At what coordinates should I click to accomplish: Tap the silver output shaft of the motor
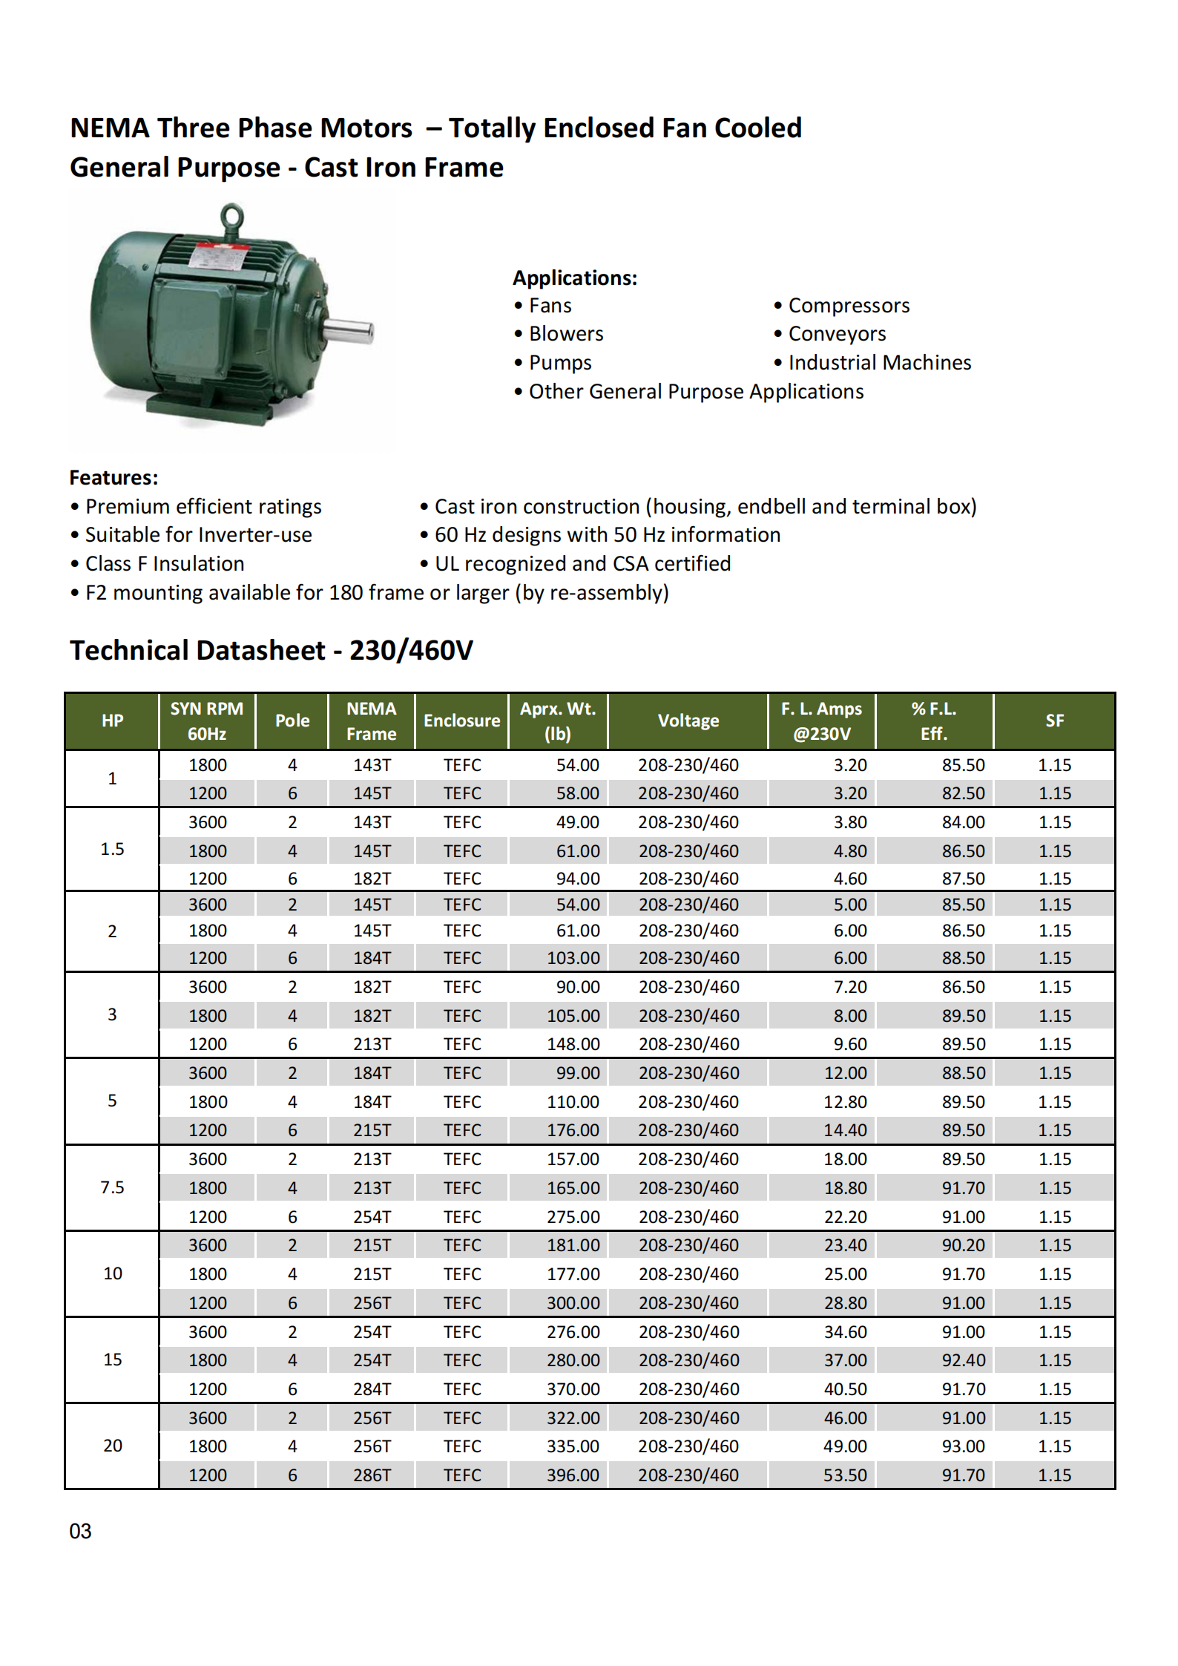(349, 330)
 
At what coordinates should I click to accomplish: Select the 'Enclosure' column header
(461, 721)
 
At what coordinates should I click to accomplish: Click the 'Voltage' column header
(688, 721)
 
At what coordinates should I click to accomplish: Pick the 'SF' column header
(1054, 721)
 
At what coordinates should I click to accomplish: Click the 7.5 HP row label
(112, 1187)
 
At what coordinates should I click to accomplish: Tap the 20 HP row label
(112, 1446)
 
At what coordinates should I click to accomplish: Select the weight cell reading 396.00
(573, 1475)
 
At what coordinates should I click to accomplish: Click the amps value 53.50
(845, 1475)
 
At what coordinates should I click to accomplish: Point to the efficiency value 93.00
(963, 1446)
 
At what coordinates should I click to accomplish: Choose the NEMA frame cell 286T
(372, 1475)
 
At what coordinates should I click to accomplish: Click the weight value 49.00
(578, 822)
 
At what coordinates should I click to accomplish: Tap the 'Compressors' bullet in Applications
(848, 306)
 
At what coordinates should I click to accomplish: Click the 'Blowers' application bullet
(565, 334)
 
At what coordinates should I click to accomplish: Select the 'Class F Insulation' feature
(164, 564)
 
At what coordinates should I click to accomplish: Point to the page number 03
(80, 1532)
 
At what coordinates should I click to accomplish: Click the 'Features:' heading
(113, 478)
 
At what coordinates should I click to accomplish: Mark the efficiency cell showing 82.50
(963, 793)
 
